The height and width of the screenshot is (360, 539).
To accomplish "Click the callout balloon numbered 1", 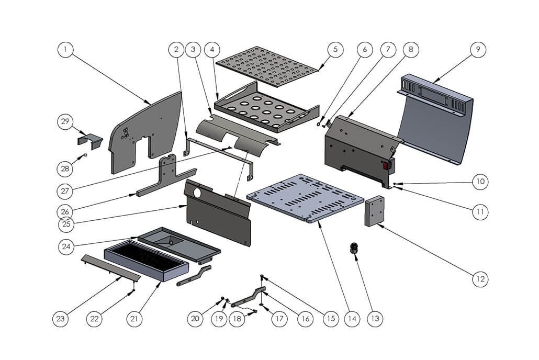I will point(65,50).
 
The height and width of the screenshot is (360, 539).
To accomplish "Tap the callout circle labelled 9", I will point(477,50).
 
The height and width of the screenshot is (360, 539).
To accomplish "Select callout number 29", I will point(65,122).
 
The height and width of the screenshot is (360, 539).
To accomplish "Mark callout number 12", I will point(480,279).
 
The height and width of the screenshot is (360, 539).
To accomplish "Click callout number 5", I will point(335,50).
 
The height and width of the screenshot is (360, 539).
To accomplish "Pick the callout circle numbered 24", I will point(65,246).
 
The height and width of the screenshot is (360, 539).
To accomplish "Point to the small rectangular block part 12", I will point(374,210).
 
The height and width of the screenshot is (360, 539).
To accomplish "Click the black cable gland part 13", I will point(355,249).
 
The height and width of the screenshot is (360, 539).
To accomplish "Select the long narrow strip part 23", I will point(110,267).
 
